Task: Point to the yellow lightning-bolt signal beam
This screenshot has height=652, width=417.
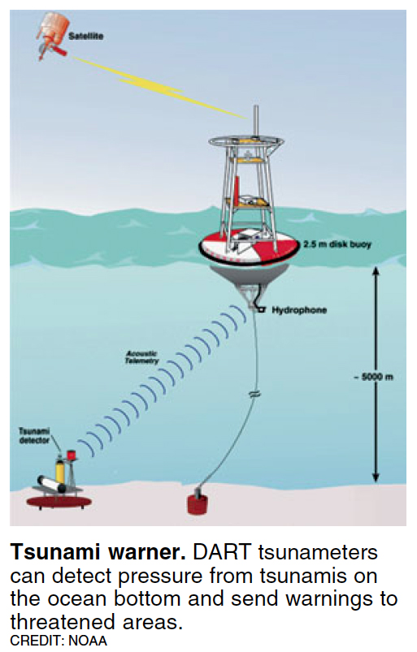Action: pos(159,88)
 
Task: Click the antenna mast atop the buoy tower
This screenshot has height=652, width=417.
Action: pos(256,121)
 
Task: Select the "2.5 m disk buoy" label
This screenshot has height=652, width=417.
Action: pos(337,244)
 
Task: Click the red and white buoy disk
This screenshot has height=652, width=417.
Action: pos(249,248)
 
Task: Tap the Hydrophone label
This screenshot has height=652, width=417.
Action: pos(299,310)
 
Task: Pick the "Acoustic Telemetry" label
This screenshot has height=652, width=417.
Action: pos(142,357)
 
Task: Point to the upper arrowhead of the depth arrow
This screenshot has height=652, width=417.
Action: pos(376,271)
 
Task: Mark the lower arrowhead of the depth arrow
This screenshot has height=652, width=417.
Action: pos(376,477)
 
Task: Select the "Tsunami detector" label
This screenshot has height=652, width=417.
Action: pos(34,436)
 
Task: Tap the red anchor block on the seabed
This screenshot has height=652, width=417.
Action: pos(198,503)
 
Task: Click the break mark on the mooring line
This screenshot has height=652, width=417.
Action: pos(254,393)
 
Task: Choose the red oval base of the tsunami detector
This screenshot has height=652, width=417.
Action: pos(59,502)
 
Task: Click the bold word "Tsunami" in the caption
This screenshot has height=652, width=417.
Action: pos(54,552)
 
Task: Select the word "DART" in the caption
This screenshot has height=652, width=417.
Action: pos(222,552)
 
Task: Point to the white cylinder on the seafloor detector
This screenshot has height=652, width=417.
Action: pos(51,484)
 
